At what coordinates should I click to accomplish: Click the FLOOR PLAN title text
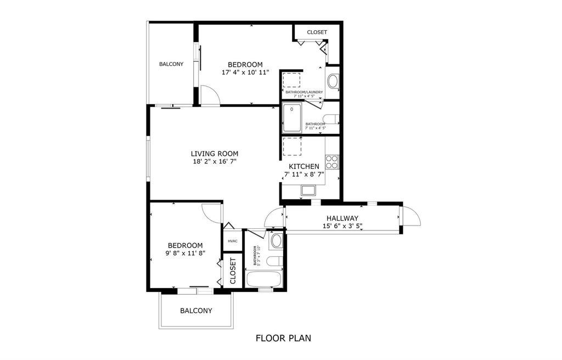[284, 338]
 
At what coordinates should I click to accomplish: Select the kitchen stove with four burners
[332, 162]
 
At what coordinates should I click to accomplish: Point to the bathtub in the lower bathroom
[264, 279]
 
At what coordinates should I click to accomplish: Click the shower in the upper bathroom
[292, 119]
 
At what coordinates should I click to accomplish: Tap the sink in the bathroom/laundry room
[333, 82]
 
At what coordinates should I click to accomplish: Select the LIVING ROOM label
[215, 154]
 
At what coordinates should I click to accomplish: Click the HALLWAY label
[342, 218]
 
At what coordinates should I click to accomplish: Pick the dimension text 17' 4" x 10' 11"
[245, 72]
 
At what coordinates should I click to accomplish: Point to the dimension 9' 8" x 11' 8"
[185, 254]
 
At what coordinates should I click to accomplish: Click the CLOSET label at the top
[317, 32]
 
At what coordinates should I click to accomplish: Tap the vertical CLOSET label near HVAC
[232, 271]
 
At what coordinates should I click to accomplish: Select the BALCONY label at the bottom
[196, 311]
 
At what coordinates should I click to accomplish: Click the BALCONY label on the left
[171, 64]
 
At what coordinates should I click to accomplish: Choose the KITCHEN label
[304, 166]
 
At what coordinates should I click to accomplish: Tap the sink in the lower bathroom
[276, 240]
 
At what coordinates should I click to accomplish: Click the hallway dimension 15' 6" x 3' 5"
[342, 226]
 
